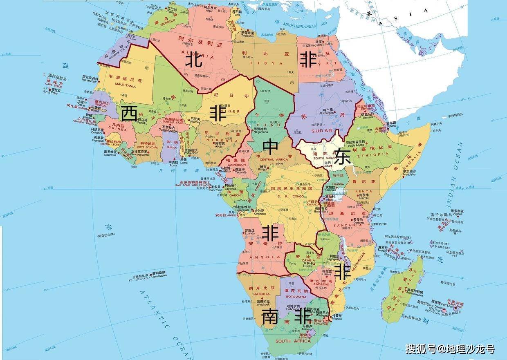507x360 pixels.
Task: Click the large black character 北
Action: (195, 61)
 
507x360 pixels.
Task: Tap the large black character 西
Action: (129, 113)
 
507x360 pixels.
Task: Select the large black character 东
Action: (342, 157)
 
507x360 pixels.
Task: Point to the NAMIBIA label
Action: (261, 293)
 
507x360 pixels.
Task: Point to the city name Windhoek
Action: (263, 304)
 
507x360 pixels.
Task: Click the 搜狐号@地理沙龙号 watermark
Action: (450, 349)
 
